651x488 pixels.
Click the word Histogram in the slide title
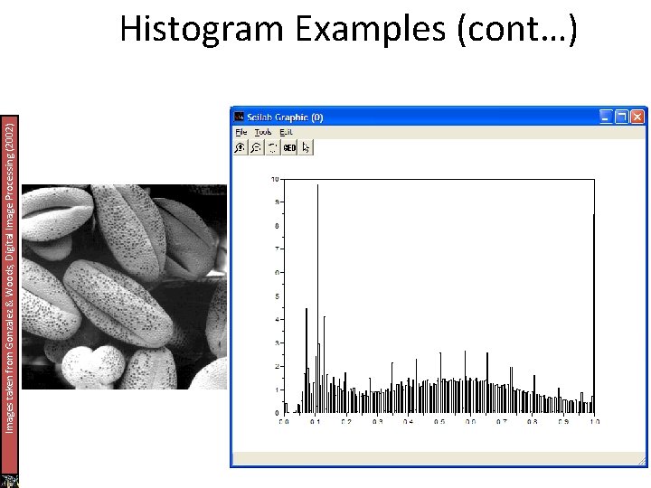(200, 29)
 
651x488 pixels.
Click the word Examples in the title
(372, 29)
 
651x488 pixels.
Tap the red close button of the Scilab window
(638, 116)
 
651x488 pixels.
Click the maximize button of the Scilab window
(622, 116)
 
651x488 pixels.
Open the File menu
(241, 132)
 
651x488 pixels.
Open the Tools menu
(263, 132)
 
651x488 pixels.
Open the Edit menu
(286, 132)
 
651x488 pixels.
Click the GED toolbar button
(289, 147)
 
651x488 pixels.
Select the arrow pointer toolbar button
(306, 147)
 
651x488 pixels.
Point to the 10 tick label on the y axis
(275, 179)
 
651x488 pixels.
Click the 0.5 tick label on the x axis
(439, 422)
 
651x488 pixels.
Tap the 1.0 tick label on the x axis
(593, 422)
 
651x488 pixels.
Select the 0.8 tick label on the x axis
(532, 422)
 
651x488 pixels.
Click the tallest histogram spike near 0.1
(317, 271)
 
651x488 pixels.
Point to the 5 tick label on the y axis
(277, 296)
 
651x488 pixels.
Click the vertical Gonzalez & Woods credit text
(9, 276)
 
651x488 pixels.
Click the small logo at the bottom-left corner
(10, 480)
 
